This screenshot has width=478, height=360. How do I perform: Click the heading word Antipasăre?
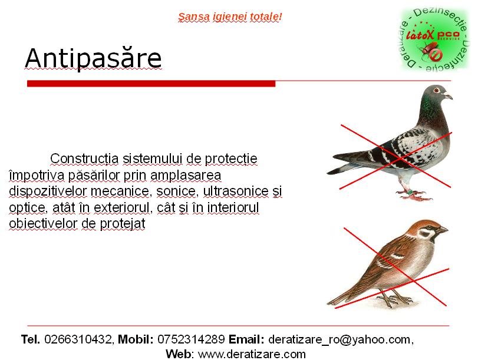pyautogui.click(x=93, y=58)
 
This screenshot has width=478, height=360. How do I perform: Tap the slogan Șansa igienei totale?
pyautogui.click(x=230, y=16)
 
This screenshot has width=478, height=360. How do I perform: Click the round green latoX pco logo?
pyautogui.click(x=435, y=39)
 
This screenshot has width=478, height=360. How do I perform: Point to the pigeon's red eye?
pyautogui.click(x=437, y=90)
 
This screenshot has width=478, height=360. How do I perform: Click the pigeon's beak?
pyautogui.click(x=448, y=97)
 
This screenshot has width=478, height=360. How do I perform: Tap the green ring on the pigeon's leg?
pyautogui.click(x=411, y=191)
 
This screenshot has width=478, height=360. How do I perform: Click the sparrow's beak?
pyautogui.click(x=443, y=230)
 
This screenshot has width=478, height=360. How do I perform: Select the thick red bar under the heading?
pyautogui.click(x=151, y=84)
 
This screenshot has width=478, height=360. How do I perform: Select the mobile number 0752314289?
pyautogui.click(x=191, y=339)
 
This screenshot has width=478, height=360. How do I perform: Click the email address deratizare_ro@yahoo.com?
pyautogui.click(x=339, y=339)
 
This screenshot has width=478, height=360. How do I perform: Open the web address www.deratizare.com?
pyautogui.click(x=252, y=354)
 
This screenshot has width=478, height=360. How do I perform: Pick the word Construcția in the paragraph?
pyautogui.click(x=84, y=158)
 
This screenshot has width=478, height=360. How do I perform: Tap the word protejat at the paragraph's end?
pyautogui.click(x=123, y=224)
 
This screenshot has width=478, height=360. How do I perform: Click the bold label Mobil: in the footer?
pyautogui.click(x=136, y=339)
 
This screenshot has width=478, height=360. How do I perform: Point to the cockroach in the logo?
pyautogui.click(x=429, y=50)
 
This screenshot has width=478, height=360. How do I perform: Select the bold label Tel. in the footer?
pyautogui.click(x=31, y=339)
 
